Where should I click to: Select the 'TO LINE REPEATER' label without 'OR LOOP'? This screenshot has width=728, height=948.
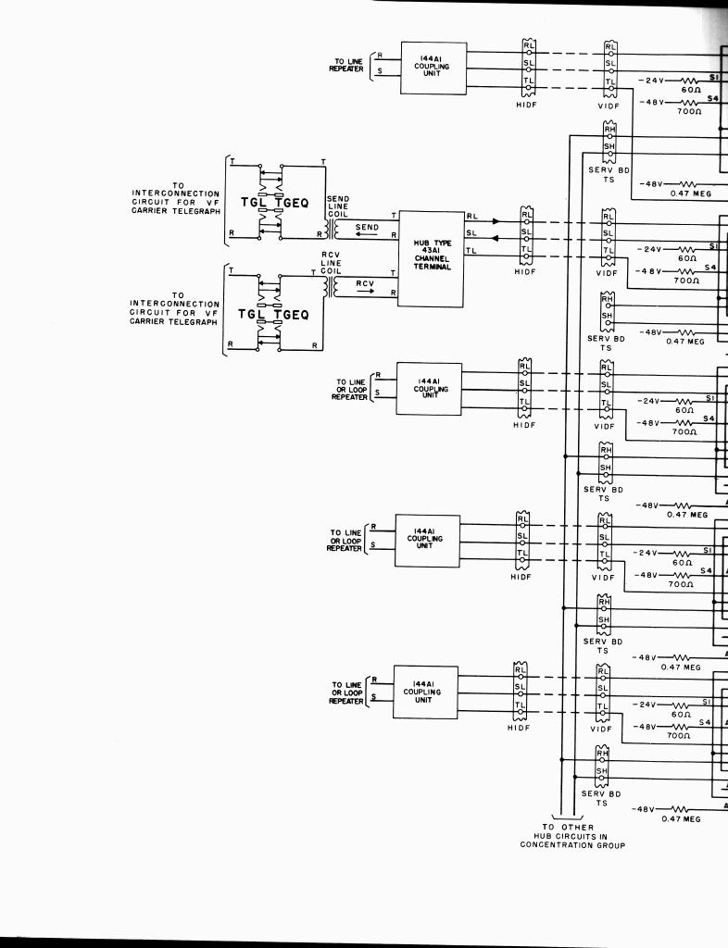348,65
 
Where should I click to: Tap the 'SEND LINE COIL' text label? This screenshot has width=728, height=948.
337,207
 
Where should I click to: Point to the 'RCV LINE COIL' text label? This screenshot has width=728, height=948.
332,263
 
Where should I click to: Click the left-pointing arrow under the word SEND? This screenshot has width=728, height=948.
367,236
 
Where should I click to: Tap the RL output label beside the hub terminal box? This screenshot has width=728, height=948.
472,217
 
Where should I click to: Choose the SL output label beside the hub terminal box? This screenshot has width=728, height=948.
472,232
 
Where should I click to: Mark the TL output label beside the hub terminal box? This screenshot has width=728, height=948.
472,250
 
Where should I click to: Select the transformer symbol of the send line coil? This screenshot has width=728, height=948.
332,228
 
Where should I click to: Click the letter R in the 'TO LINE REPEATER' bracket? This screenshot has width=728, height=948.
380,56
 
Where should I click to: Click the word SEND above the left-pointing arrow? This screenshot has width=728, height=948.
367,227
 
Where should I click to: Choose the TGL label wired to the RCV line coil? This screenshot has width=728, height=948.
252,315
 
